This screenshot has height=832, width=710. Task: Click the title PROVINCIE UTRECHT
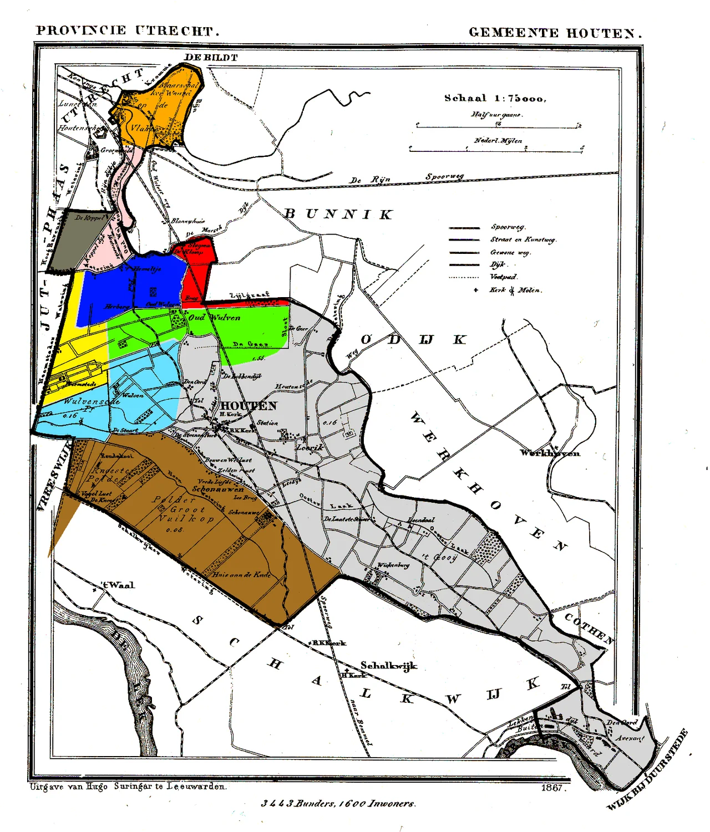point(128,31)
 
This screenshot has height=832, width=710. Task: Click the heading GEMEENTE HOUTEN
point(555,33)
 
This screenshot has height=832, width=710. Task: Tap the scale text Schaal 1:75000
point(495,98)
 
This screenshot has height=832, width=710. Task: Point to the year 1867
point(552,788)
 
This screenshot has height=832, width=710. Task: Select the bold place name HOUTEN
point(248,406)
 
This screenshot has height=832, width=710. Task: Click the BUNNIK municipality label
point(338,215)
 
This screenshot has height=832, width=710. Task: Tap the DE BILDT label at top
point(211,57)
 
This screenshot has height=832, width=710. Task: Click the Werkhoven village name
point(550,453)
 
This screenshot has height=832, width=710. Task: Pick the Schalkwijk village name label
point(388,665)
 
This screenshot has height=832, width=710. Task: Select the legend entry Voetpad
point(503,277)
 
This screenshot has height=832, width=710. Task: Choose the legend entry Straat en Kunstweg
point(523,239)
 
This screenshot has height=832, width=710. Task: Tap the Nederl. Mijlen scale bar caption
point(498,141)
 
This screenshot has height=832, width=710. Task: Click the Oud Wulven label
point(214,318)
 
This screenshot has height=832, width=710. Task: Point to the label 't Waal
point(118,585)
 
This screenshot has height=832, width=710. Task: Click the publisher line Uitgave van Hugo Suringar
point(128,786)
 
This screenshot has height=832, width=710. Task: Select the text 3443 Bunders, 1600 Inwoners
point(338,803)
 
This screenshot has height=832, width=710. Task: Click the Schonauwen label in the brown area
point(217,489)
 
